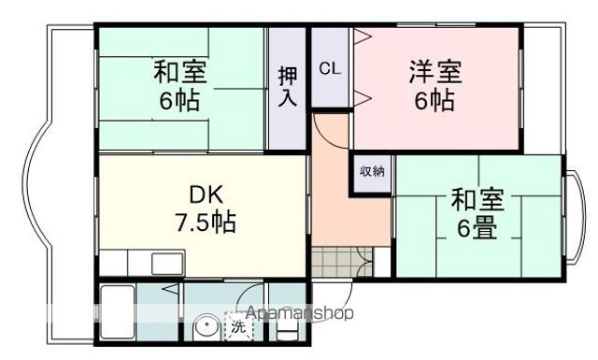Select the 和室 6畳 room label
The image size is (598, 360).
[477, 214]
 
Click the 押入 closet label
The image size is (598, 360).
[288, 86]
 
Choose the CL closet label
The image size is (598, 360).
[328, 68]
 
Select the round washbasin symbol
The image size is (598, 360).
[205, 329]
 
